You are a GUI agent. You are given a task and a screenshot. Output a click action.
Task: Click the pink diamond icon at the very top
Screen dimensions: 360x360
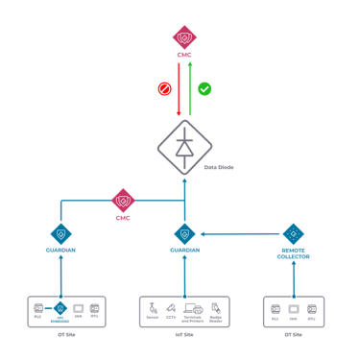(184, 37)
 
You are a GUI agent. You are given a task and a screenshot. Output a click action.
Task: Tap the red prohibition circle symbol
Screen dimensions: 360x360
(164, 89)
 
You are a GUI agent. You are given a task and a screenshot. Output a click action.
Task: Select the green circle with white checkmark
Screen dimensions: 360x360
(204, 89)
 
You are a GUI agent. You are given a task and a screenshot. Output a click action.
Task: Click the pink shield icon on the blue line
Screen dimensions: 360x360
(123, 201)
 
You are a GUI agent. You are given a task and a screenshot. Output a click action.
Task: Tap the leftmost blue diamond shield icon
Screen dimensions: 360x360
(61, 233)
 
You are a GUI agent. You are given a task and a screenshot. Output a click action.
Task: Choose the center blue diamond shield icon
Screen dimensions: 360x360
(184, 233)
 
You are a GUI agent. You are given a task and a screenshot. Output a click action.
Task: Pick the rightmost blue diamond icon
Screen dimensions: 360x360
(294, 233)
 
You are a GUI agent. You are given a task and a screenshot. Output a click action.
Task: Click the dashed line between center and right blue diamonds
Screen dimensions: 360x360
(240, 233)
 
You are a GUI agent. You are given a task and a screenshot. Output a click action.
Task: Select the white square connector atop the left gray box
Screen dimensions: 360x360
(61, 297)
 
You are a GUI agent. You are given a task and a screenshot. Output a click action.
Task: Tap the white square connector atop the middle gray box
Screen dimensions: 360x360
(184, 297)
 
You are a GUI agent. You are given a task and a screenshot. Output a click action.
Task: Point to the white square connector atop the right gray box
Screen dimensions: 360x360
(294, 297)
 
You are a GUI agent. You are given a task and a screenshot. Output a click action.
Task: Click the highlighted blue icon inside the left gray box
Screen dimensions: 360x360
(60, 310)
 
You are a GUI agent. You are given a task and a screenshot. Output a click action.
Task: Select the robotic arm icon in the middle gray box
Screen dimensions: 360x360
(152, 310)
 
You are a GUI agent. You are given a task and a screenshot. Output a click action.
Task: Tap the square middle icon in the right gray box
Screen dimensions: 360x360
(294, 310)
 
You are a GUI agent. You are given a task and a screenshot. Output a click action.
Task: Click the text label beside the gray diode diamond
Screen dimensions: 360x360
(220, 167)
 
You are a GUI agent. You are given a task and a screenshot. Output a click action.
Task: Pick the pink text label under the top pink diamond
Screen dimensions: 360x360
(184, 55)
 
